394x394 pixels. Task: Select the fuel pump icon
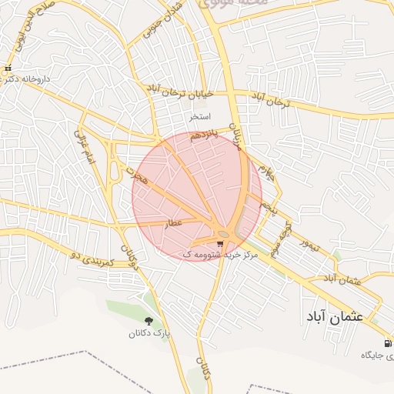point(387,343)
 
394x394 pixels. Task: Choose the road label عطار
point(172,222)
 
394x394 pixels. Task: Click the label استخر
point(199,117)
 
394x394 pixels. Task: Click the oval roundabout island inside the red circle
point(224,233)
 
